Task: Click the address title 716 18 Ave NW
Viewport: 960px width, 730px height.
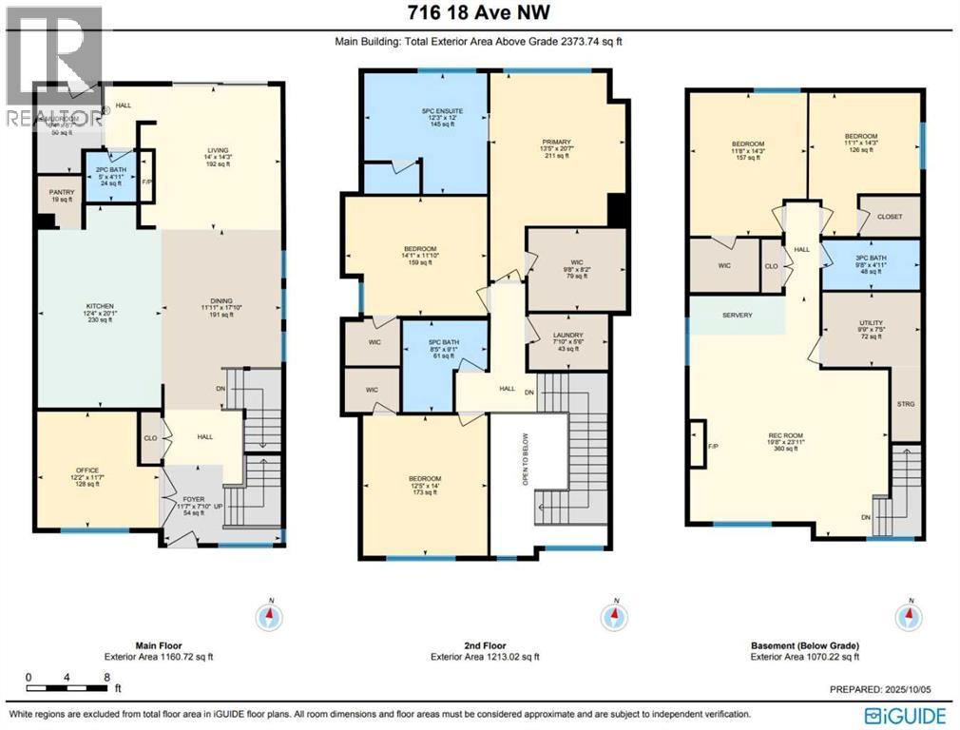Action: click(x=479, y=12)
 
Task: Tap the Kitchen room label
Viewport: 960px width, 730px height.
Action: click(x=99, y=307)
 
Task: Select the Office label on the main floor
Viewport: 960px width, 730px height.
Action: click(x=87, y=470)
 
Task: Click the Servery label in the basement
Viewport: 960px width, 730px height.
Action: click(x=737, y=315)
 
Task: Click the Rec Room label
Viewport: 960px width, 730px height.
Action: click(x=786, y=438)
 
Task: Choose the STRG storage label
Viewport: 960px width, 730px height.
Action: click(x=905, y=404)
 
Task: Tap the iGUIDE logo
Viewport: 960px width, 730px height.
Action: click(x=903, y=714)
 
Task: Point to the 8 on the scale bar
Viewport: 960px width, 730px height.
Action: click(x=105, y=678)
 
